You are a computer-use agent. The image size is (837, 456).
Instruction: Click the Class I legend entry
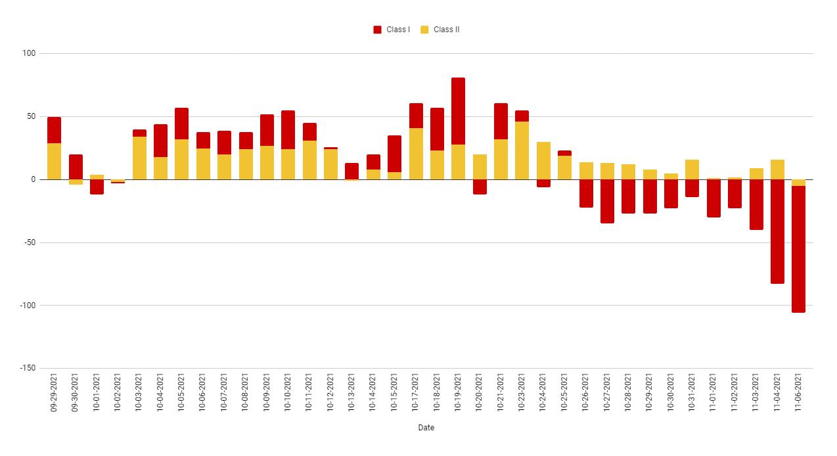(x=392, y=30)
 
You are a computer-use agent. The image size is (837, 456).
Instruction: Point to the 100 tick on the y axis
(x=29, y=53)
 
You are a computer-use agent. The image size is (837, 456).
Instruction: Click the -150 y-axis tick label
(x=27, y=368)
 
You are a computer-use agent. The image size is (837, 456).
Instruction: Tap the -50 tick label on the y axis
(x=29, y=242)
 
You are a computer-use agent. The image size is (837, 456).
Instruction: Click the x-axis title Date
(x=426, y=428)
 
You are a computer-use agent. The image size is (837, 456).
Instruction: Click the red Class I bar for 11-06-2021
(x=798, y=249)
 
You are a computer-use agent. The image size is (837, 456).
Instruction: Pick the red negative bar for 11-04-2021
(x=777, y=231)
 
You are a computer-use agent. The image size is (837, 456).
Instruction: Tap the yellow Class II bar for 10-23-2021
(x=522, y=150)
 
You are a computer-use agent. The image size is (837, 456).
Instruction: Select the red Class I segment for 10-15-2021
(x=394, y=154)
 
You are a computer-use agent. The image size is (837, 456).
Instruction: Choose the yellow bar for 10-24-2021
(x=543, y=160)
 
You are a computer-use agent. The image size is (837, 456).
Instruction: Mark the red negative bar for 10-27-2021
(x=607, y=201)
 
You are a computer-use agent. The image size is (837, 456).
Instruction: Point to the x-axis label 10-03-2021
(x=139, y=393)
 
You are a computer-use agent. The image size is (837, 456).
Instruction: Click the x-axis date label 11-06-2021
(x=799, y=393)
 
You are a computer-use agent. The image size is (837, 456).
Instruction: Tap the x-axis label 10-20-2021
(x=480, y=393)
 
